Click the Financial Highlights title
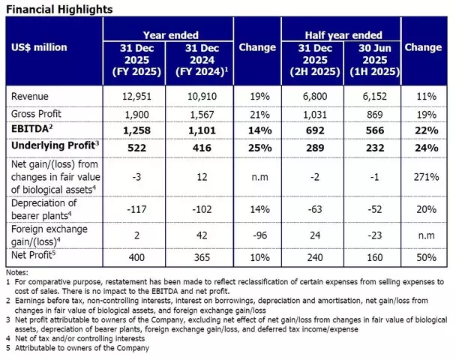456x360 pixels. [x=59, y=9]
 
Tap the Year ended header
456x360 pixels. [x=171, y=34]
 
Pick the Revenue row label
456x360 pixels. [x=31, y=97]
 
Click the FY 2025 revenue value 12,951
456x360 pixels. [x=137, y=97]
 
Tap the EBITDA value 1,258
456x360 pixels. [x=137, y=128]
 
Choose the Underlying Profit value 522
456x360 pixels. [x=137, y=146]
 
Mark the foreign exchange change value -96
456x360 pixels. [x=257, y=234]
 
